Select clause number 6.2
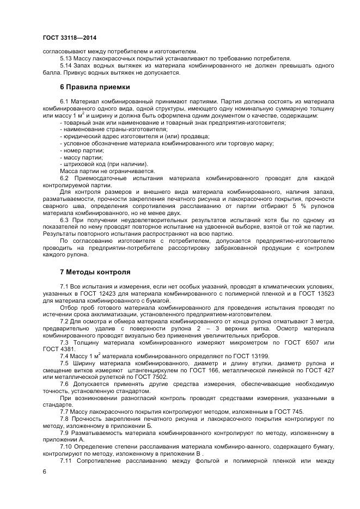(64, 179)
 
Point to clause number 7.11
(66, 461)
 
